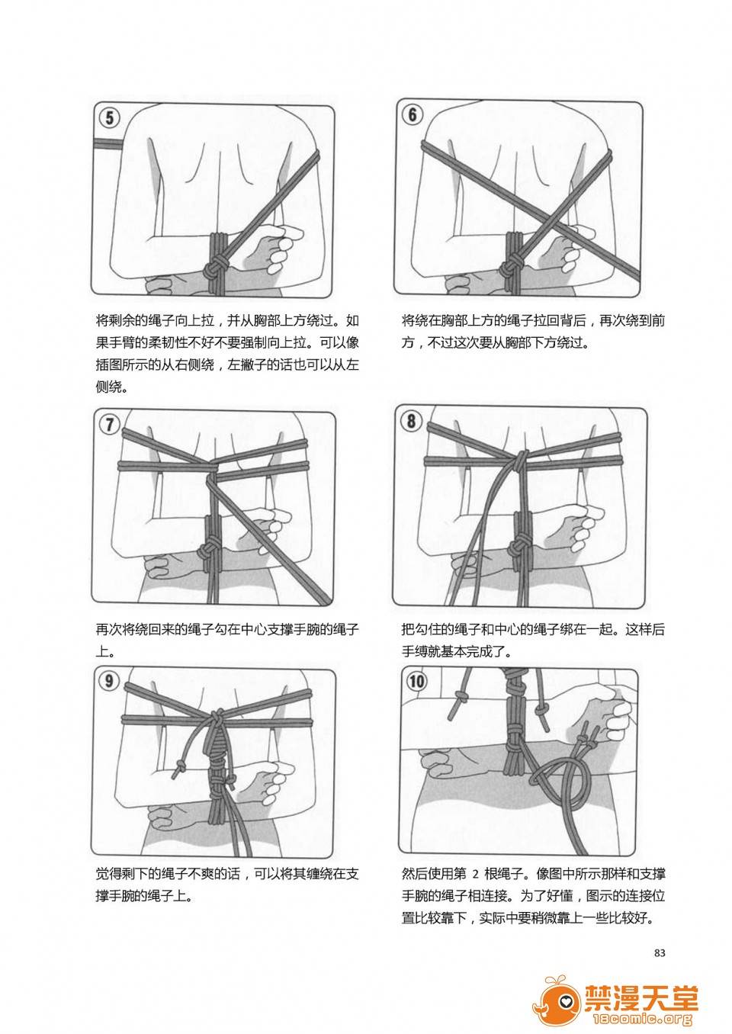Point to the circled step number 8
click(x=412, y=420)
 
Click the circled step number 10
click(x=416, y=681)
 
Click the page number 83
click(x=660, y=952)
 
